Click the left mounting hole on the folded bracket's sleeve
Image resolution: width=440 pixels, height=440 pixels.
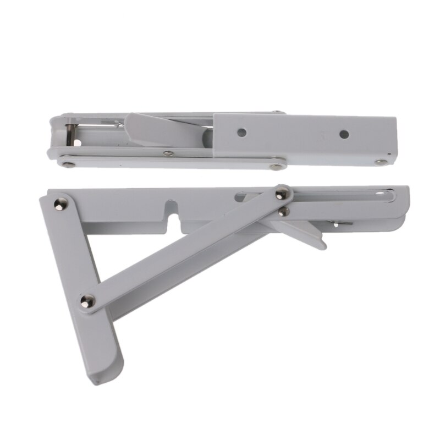point(241,133)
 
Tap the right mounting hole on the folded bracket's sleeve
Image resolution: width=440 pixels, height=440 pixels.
point(344,134)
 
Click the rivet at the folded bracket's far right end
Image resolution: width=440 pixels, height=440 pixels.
point(381,162)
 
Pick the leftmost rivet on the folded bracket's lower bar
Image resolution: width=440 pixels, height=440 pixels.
point(67,163)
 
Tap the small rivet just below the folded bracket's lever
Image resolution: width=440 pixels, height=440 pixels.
point(169,153)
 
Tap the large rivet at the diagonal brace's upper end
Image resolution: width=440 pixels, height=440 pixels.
point(282,193)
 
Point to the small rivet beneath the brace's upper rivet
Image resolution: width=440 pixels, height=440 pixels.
point(283,211)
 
